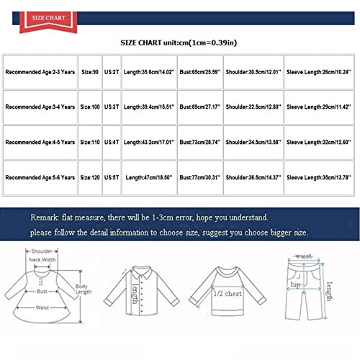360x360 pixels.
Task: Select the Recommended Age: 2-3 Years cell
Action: (40, 73)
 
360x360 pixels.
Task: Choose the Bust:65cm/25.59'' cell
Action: (201, 73)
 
